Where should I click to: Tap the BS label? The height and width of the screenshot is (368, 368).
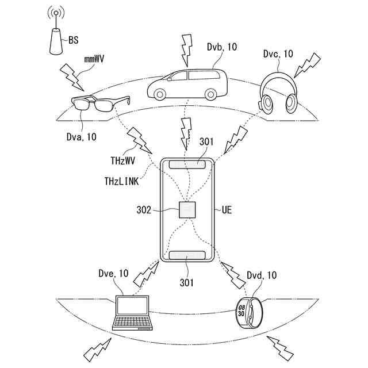tap(74, 40)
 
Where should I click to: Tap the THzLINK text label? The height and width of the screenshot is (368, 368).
tap(121, 180)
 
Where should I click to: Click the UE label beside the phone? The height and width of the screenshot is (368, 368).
tap(227, 210)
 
